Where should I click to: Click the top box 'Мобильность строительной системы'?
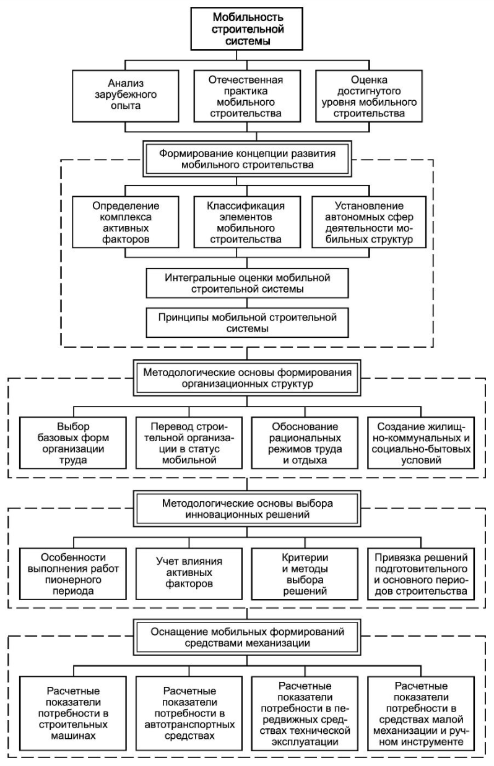[x=246, y=29]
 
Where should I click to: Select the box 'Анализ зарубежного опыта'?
[x=126, y=96]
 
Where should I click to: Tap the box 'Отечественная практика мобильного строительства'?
[x=247, y=96]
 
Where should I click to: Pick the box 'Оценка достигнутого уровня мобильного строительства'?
[x=369, y=96]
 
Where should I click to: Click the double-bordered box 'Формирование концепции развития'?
[x=247, y=158]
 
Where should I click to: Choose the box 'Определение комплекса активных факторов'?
[x=126, y=222]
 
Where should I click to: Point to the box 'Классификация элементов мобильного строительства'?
[x=247, y=222]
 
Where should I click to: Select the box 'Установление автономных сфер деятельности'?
[x=369, y=222]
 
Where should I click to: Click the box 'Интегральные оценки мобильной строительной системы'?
[x=247, y=283]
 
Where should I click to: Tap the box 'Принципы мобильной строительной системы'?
[x=247, y=323]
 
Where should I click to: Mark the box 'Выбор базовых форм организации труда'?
[x=73, y=443]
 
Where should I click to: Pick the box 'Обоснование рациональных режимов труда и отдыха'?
[x=305, y=443]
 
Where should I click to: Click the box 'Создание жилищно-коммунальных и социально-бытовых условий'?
[x=421, y=443]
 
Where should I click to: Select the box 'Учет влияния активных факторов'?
[x=189, y=574]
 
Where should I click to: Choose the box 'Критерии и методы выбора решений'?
[x=305, y=574]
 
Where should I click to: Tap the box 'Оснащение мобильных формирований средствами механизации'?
[x=247, y=637]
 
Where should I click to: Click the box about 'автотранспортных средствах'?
[x=189, y=713]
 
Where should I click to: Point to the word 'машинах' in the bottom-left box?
[x=73, y=736]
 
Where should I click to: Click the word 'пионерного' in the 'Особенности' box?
[x=73, y=580]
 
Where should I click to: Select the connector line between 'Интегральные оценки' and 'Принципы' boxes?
[x=247, y=303]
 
